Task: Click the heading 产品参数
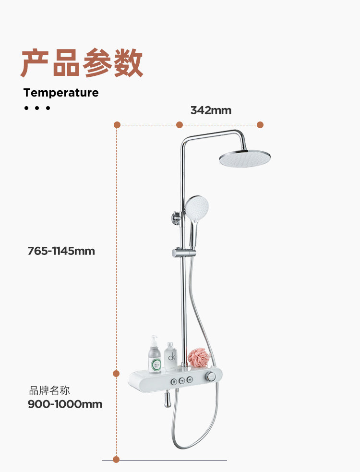pos(82,63)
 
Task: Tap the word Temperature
pos(61,93)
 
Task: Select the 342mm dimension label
pos(211,110)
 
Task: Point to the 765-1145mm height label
pos(61,251)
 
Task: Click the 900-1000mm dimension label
pos(65,404)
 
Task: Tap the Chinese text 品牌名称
pos(49,390)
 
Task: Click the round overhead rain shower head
pos(245,158)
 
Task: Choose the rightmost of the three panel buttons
pos(190,380)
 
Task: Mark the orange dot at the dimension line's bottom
pos(116,460)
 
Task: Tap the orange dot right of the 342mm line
pos(260,125)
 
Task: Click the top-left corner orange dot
pos(117,125)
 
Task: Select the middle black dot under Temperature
pos(37,108)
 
